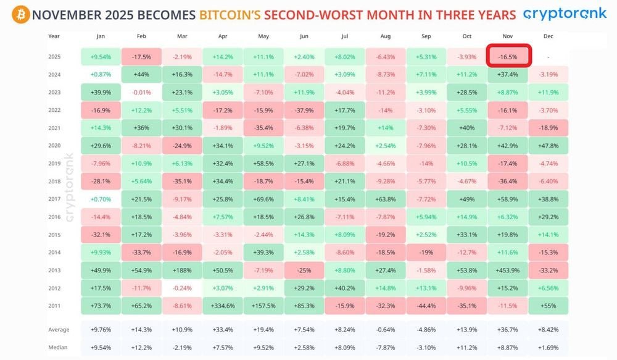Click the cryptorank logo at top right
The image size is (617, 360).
pos(564,14)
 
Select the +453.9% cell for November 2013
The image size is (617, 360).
pos(508,270)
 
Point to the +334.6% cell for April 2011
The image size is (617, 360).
pos(223,306)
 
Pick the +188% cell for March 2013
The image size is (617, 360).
pos(182,270)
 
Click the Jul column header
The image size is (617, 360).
pos(344,36)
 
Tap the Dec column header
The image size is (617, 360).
pos(548,36)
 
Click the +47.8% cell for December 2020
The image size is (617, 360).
pos(549,146)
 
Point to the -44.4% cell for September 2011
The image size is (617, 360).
pos(426,306)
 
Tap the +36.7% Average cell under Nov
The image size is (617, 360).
pos(508,329)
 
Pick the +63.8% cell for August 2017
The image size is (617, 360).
pos(385,199)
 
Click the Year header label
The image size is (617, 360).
pos(54,36)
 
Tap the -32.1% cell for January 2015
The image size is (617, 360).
pos(101,235)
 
